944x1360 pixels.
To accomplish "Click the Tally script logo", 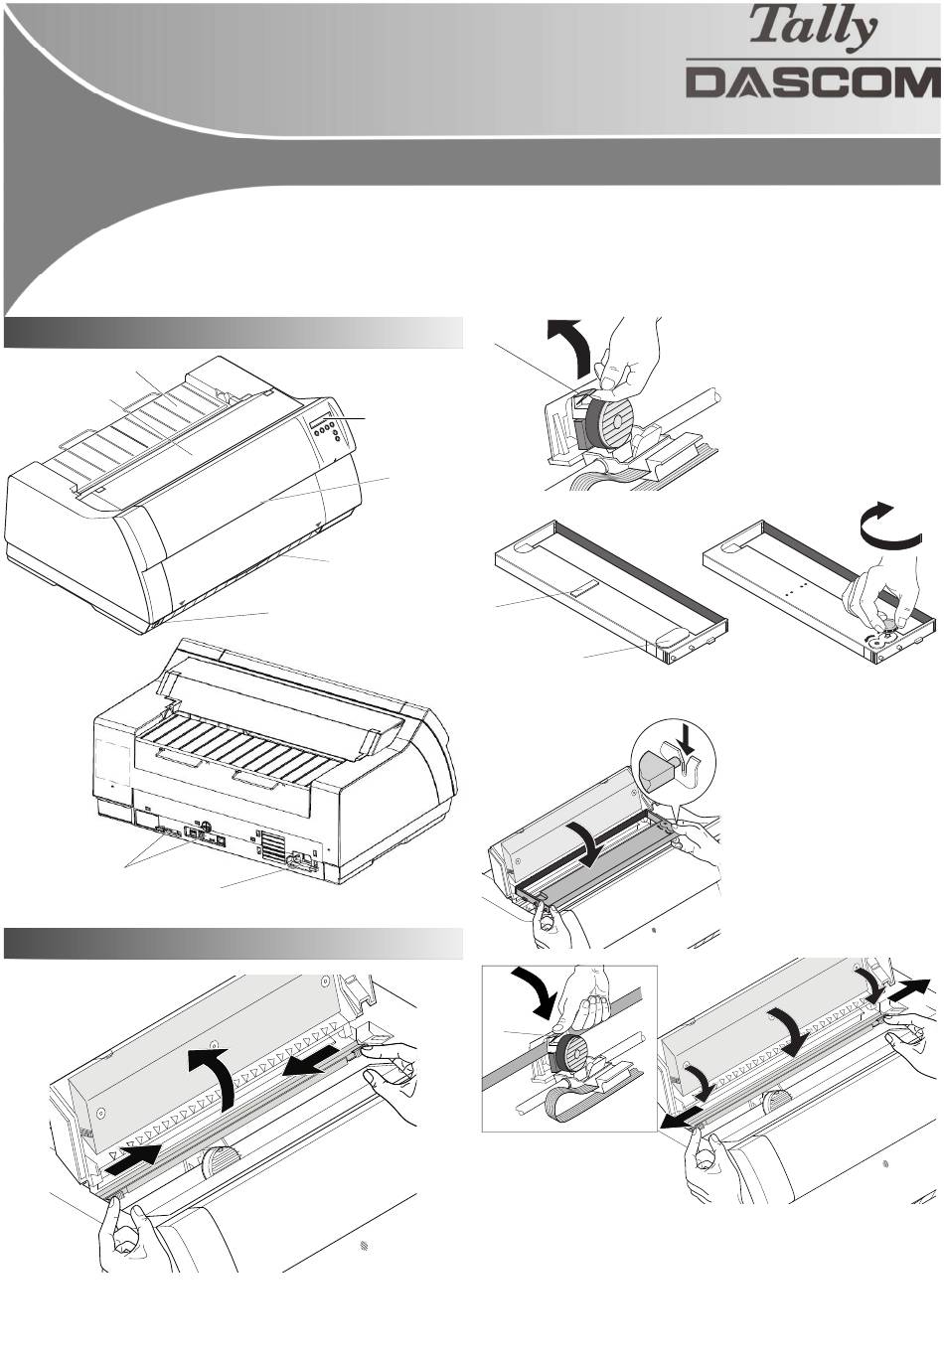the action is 813,29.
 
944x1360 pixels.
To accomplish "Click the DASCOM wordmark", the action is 813,81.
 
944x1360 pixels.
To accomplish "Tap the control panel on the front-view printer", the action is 328,428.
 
